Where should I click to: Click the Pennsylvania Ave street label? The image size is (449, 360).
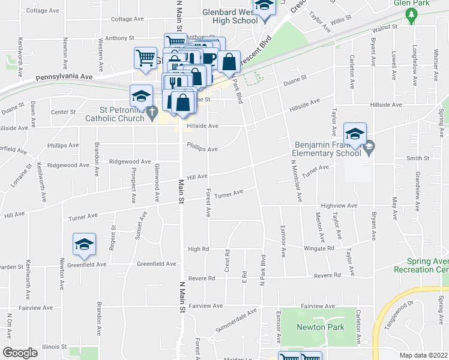tap(64, 77)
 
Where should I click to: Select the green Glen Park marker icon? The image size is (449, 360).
tap(411, 17)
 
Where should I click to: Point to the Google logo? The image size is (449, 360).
tap(20, 353)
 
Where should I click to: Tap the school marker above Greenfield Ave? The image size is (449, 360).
tap(84, 244)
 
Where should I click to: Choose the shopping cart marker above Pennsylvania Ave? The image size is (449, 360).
tap(145, 59)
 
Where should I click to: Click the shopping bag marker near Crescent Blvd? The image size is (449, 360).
tap(229, 61)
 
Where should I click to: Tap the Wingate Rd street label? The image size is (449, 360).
tap(319, 248)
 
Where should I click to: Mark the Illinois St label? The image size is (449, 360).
tap(55, 347)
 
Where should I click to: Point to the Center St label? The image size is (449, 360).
tap(63, 112)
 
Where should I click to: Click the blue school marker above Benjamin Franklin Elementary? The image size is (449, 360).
tap(355, 134)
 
